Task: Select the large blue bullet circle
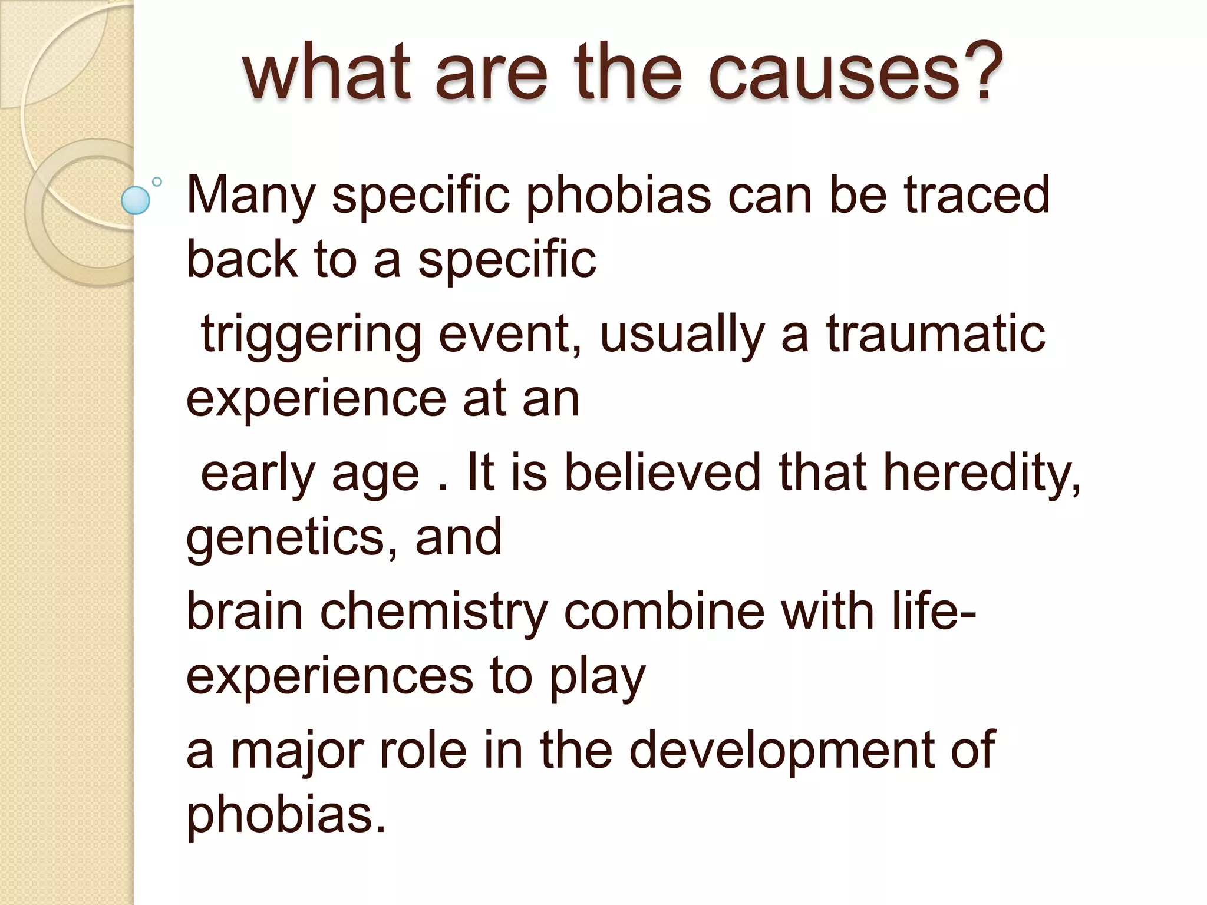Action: coord(136,200)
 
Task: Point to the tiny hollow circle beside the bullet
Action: coord(157,181)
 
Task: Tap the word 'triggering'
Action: coord(311,335)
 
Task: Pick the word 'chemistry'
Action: coord(434,613)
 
